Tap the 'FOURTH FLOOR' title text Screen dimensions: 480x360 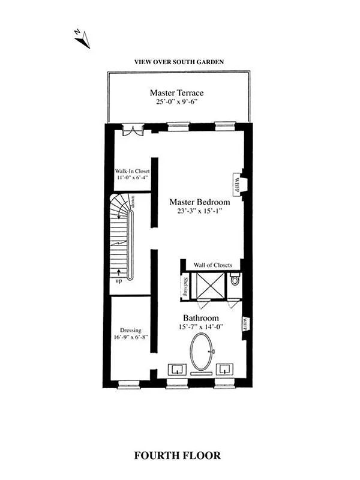[177, 455]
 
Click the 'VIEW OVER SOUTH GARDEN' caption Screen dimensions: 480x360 [175, 62]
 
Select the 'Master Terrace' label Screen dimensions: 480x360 [176, 93]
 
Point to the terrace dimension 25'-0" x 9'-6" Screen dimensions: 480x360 [176, 103]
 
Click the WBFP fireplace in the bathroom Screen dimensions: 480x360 [245, 323]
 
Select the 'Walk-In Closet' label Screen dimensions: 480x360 [132, 170]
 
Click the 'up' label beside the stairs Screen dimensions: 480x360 [118, 280]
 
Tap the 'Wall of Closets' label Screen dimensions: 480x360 [217, 265]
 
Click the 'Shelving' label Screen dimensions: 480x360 [186, 286]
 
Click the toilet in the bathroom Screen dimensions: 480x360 [235, 279]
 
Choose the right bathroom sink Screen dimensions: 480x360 [225, 368]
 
